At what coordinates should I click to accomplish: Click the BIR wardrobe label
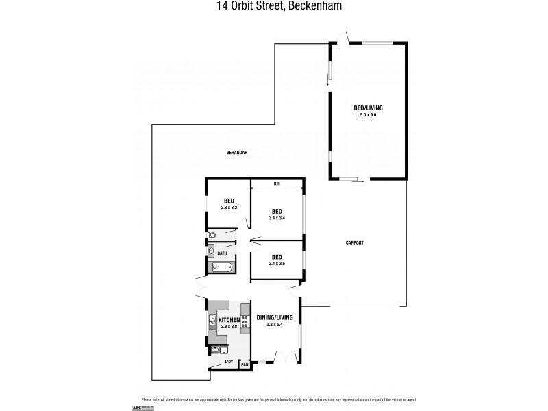click(x=277, y=184)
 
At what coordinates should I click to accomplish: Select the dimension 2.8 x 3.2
click(x=228, y=206)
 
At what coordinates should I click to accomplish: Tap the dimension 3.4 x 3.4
click(x=277, y=217)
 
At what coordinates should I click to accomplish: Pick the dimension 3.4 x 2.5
click(x=277, y=262)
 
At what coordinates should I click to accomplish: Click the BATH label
click(x=222, y=253)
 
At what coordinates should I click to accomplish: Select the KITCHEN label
click(x=229, y=320)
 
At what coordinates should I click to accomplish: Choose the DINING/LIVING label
click(x=275, y=318)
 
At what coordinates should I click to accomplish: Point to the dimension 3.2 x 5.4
click(x=275, y=325)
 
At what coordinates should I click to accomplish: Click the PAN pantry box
click(x=244, y=364)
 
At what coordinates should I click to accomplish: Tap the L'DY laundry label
click(x=228, y=360)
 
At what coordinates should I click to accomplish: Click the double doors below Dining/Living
click(x=281, y=356)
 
